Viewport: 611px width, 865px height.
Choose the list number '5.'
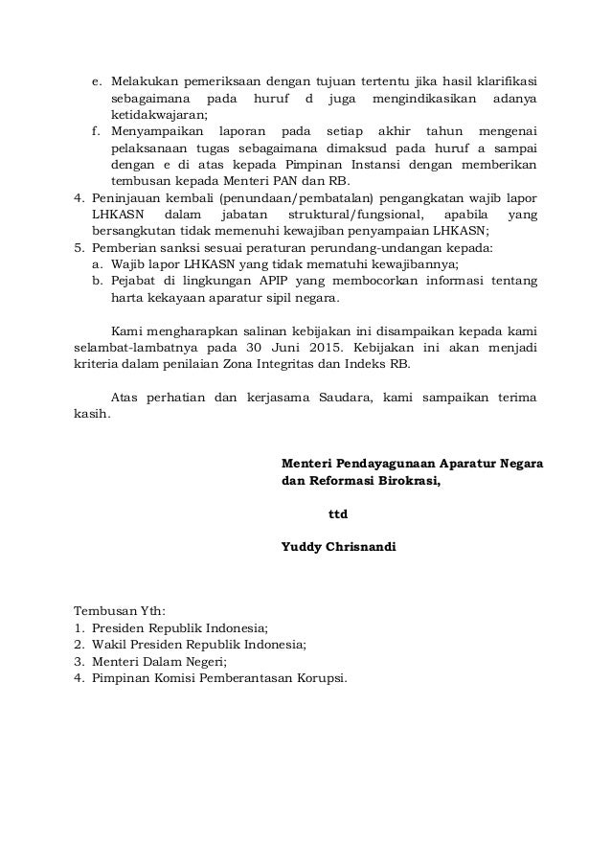pos(79,247)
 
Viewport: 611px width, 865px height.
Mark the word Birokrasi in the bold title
pos(407,481)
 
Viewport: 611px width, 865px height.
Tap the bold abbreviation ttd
pos(338,513)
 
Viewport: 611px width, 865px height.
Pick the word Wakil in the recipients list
pos(110,646)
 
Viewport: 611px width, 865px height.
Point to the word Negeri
pos(201,662)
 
